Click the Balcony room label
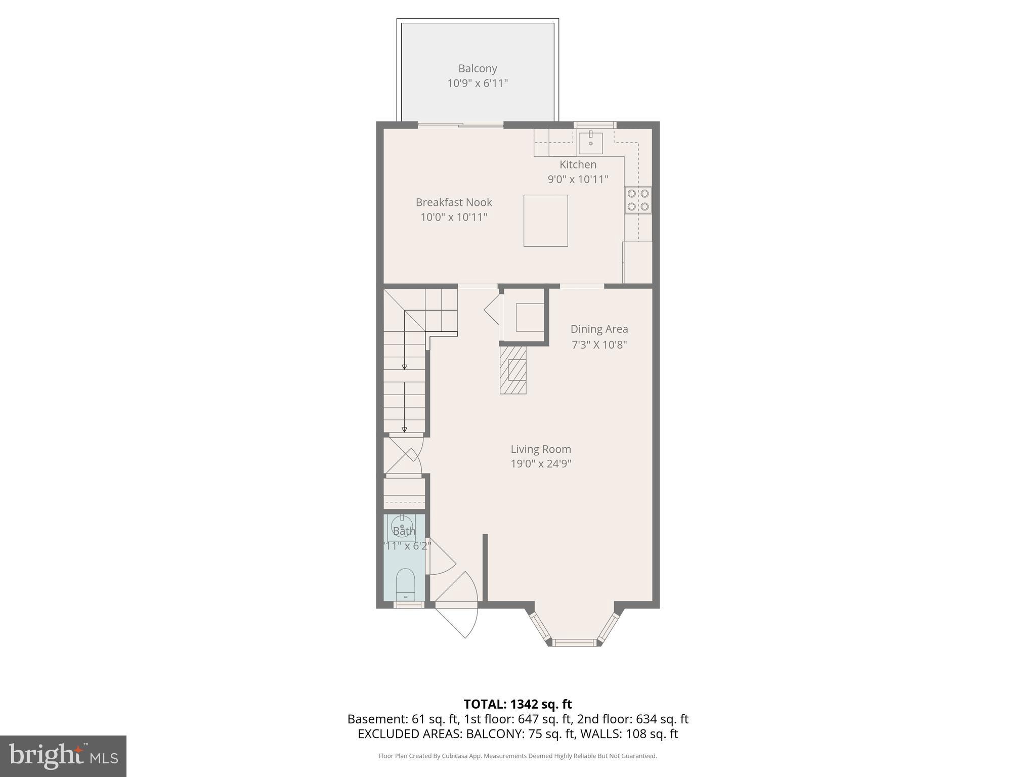(x=478, y=68)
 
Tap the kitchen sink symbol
(x=590, y=142)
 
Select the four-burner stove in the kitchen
(x=638, y=200)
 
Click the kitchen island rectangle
(x=545, y=221)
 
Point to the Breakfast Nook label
(x=454, y=202)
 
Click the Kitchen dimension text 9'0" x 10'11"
(x=578, y=179)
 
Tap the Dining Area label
(x=599, y=329)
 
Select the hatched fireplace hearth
(x=513, y=370)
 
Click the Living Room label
(x=540, y=449)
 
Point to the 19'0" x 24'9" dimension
(x=540, y=463)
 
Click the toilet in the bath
(x=405, y=584)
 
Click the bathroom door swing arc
(x=441, y=556)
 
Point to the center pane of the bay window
(x=574, y=642)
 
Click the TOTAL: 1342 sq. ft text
(x=517, y=704)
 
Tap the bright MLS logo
(x=63, y=756)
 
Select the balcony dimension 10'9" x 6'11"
(x=478, y=83)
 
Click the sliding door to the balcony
(x=460, y=125)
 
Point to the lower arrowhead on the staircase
(x=404, y=429)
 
